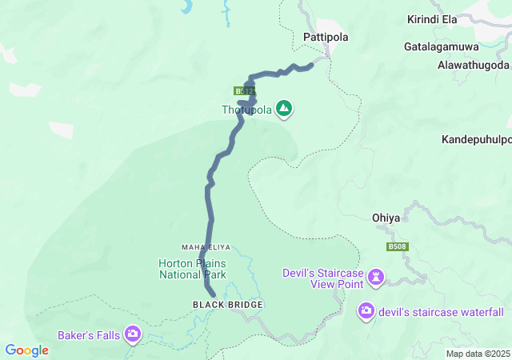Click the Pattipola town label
coord(326,37)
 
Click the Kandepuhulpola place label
coord(477,139)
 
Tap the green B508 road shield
coord(398,247)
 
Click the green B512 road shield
coord(245,91)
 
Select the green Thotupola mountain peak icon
coord(284,108)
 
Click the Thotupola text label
coord(247,110)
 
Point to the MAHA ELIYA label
coord(206,246)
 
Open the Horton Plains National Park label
coord(192,269)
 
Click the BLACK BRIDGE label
coord(227,305)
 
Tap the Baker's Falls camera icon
coord(133,334)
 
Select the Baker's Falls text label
coord(88,334)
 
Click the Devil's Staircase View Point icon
coord(376,278)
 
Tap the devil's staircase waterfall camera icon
coord(366,310)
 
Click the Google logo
coord(26,350)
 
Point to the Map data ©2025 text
coord(477,354)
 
